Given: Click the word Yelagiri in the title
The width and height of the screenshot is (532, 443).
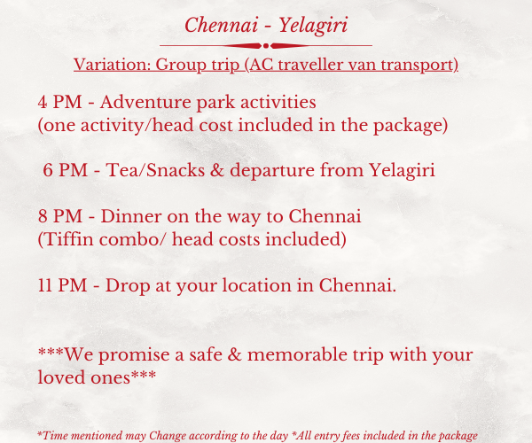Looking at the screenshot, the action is (314, 26).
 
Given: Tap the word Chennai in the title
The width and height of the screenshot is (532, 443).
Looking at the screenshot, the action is (221, 25).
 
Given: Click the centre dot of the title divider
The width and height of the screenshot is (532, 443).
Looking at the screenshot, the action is (266, 46).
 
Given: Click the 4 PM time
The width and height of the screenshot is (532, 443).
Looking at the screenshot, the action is (59, 102).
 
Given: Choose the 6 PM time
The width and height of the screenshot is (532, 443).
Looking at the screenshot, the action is (65, 170).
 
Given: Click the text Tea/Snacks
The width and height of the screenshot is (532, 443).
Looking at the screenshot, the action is (155, 170).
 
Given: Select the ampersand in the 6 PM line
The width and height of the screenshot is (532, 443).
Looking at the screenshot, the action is (217, 170).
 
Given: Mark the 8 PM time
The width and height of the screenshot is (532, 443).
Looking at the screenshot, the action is (60, 216).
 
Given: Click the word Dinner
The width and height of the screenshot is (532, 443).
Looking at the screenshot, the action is (131, 216).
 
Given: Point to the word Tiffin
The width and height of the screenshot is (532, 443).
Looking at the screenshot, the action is (69, 239).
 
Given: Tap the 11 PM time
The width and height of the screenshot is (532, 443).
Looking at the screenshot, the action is (62, 285).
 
